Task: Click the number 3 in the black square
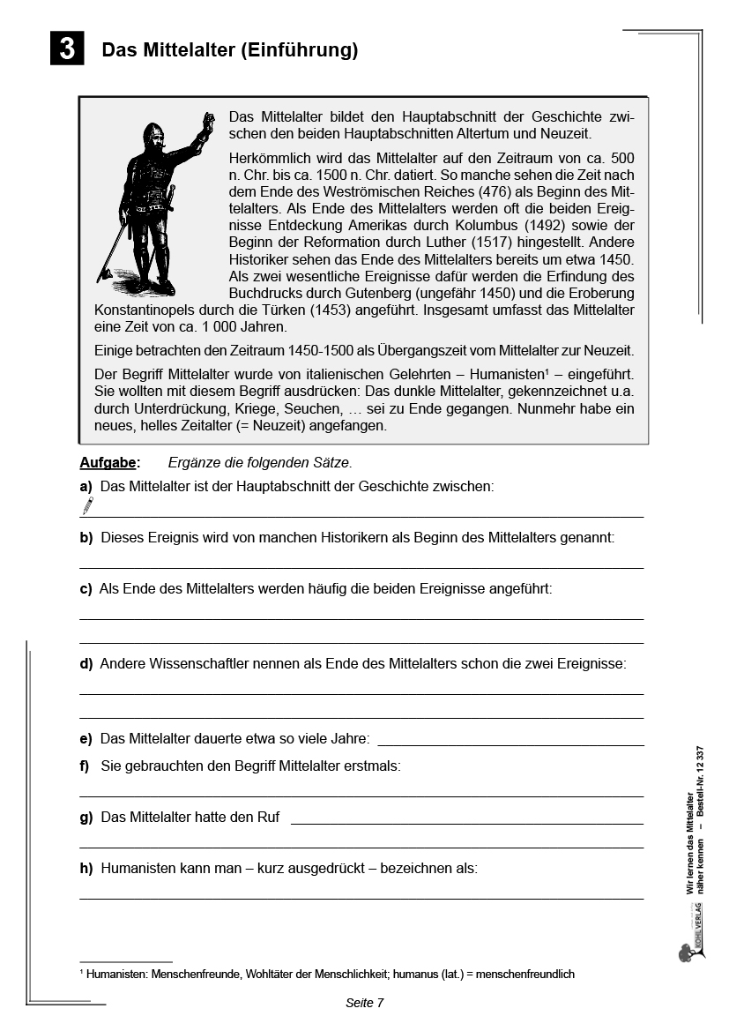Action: (x=67, y=49)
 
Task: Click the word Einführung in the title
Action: (x=299, y=50)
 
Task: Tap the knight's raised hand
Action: (x=209, y=120)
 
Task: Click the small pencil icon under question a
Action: (x=87, y=505)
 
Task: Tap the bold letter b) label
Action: (x=86, y=537)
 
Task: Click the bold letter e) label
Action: (x=86, y=739)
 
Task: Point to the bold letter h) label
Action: (x=86, y=868)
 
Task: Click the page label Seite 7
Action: (x=364, y=1003)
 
